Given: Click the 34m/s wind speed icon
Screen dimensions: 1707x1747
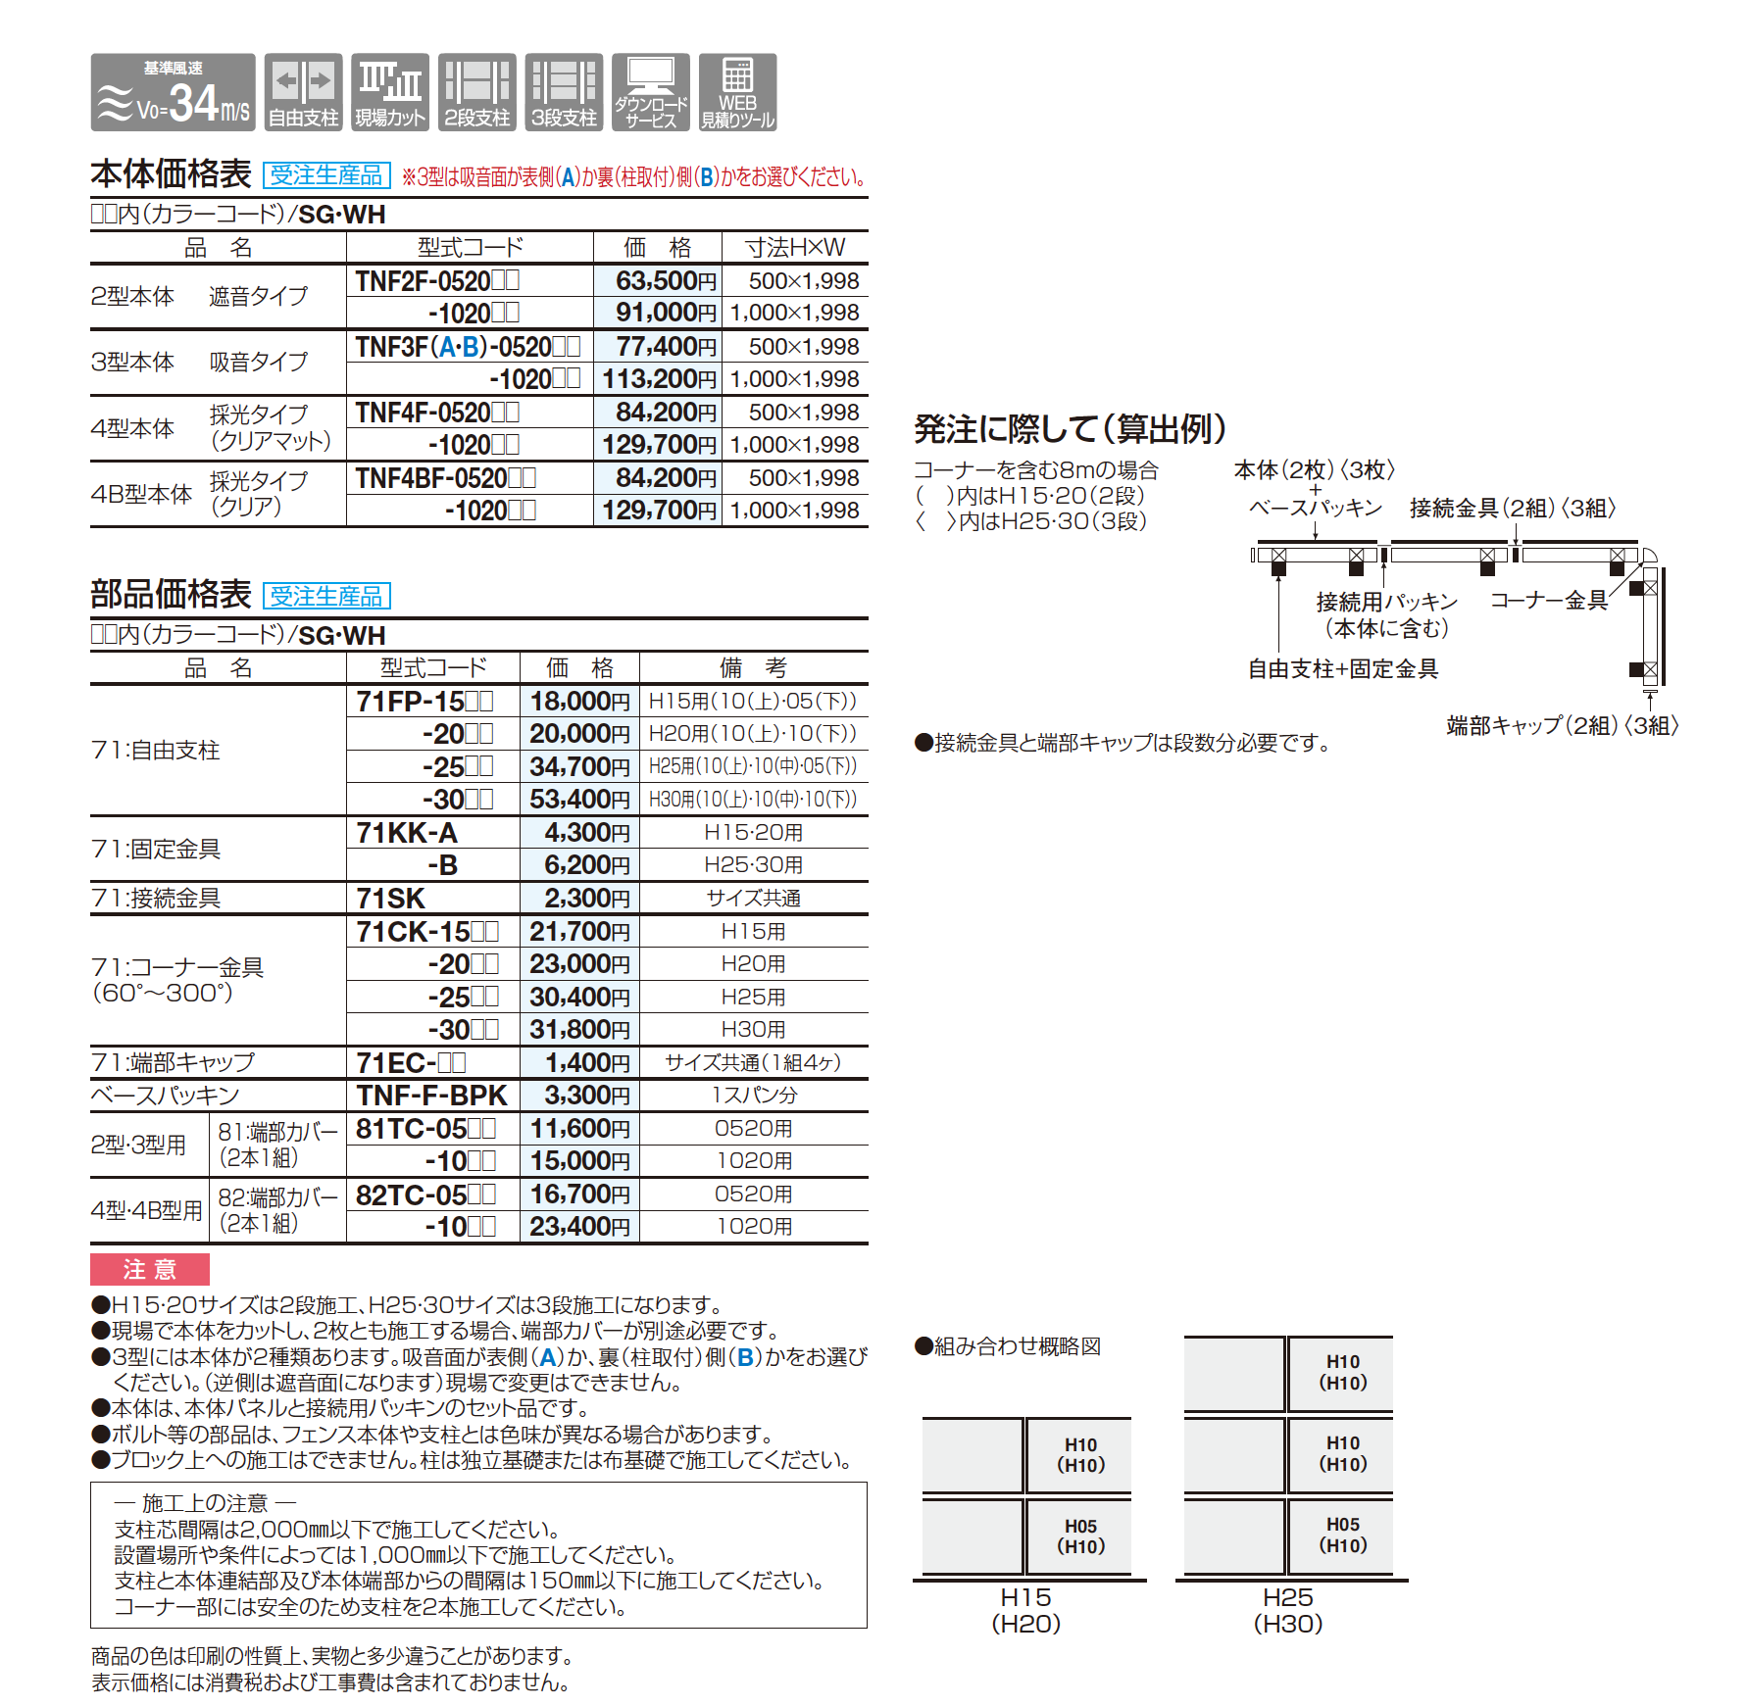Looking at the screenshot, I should [173, 92].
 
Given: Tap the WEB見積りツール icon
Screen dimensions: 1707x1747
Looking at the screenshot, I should [737, 92].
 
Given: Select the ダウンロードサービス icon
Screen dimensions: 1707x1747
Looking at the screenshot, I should [650, 92].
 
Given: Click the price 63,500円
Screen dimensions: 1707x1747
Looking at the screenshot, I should [666, 281].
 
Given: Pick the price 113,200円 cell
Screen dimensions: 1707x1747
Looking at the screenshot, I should [659, 379].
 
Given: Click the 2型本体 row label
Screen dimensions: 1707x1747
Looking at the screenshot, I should [132, 296].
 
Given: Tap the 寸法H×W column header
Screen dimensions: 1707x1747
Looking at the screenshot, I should [794, 247].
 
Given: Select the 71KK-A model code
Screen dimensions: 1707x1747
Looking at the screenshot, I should [407, 833].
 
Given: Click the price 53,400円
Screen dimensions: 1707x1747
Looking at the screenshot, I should [579, 800].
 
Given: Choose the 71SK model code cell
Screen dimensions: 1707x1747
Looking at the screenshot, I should [391, 899].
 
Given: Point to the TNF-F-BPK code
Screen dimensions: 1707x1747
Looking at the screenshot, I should [431, 1096].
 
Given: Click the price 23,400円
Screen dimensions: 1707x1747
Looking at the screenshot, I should [579, 1227].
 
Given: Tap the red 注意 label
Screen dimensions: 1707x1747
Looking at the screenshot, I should [150, 1270].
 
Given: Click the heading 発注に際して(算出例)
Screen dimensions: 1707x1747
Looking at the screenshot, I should [1070, 428].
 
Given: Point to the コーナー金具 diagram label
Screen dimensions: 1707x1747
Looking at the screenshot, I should [1549, 600].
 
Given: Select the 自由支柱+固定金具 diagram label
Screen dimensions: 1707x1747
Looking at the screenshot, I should [1342, 668].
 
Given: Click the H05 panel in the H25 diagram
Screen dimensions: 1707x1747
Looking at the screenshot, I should [1342, 1535].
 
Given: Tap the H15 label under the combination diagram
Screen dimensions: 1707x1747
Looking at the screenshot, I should [1025, 1597].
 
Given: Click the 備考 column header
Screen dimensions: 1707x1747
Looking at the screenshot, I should [753, 668].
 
